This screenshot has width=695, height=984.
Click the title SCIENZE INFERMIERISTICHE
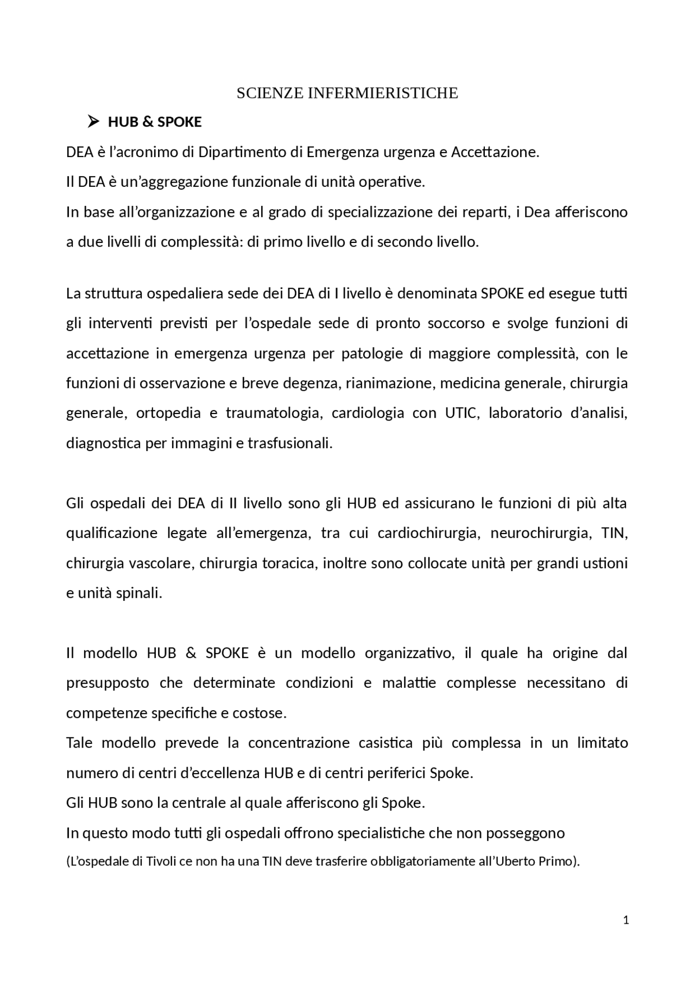(x=347, y=93)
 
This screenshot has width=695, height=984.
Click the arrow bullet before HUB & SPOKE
(x=93, y=122)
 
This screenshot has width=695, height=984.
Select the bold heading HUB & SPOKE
(x=155, y=122)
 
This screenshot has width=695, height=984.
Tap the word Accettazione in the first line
(x=495, y=152)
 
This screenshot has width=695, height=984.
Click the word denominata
(x=438, y=294)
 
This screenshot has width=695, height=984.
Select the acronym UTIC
(x=462, y=413)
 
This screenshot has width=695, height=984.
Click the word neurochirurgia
(x=540, y=533)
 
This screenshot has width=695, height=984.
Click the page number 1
(x=626, y=920)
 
